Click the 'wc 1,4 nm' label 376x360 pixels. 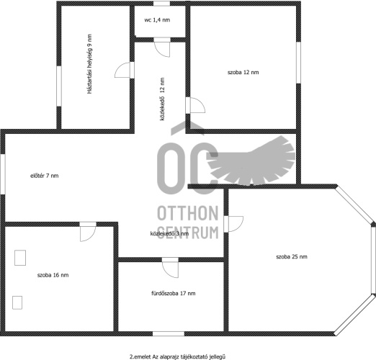point(157,20)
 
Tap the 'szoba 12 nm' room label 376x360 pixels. point(243,72)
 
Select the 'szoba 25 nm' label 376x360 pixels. point(292,257)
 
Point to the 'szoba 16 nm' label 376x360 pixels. point(53,275)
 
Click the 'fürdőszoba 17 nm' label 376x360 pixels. point(174,293)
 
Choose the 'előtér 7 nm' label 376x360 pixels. point(45,176)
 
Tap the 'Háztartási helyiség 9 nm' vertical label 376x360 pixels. point(89,64)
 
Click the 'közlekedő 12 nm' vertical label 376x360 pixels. point(163,99)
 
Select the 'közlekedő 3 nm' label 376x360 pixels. point(169,233)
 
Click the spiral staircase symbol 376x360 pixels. point(251,161)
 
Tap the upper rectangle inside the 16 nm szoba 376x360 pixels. point(20,258)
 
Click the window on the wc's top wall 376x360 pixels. point(161,4)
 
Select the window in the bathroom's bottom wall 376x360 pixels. point(169,333)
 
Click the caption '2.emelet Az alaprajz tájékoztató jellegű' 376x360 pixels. point(177,356)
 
